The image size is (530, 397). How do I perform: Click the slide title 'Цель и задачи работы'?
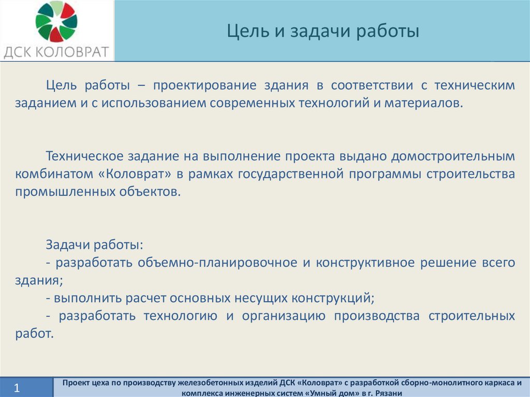point(323,31)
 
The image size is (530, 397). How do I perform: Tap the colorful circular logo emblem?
point(56,22)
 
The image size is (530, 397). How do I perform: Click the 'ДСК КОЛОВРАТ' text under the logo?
point(56,52)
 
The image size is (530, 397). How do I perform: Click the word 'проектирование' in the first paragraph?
point(204,85)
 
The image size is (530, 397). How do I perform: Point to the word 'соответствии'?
point(372,85)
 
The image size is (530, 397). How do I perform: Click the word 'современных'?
point(252,103)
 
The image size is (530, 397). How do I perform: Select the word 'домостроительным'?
point(453,156)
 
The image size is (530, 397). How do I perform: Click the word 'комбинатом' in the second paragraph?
point(54,174)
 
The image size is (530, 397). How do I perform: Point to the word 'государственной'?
point(291,174)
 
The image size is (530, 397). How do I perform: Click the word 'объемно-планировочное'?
point(217,263)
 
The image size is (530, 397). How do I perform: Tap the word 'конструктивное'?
point(365,263)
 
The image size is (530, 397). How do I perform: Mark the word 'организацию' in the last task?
point(284,316)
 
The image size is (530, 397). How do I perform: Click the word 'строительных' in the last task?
point(472,316)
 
